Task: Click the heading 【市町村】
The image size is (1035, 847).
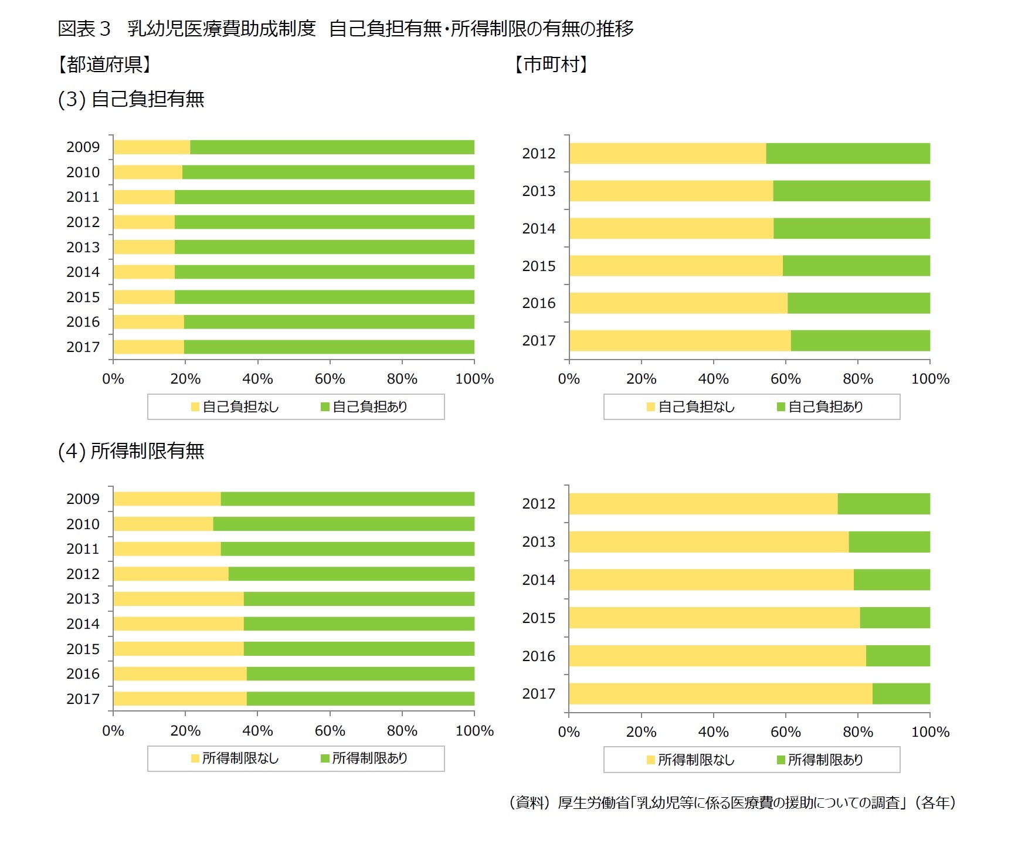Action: [551, 64]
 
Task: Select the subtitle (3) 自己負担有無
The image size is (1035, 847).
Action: [131, 99]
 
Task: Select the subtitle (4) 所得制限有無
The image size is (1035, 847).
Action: [131, 451]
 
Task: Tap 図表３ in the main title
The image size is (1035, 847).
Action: [84, 28]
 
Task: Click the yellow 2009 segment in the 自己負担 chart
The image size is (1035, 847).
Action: [151, 147]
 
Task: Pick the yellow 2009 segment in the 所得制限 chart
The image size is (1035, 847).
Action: [167, 499]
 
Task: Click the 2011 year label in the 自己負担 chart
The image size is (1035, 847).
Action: [83, 197]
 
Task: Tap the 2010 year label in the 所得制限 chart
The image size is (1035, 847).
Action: [83, 524]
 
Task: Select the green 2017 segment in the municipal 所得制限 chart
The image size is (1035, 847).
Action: [901, 694]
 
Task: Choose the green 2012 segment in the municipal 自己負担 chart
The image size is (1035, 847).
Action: [847, 154]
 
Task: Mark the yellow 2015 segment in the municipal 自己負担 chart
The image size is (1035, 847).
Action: [676, 266]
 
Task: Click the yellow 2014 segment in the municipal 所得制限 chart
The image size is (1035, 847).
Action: [711, 580]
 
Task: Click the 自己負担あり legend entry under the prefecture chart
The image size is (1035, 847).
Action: [364, 407]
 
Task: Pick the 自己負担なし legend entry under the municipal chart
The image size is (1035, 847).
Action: [691, 407]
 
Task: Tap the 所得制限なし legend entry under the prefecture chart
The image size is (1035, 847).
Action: [235, 758]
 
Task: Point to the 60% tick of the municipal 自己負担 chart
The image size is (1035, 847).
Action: [785, 379]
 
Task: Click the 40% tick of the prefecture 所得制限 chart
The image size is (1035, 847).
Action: [257, 731]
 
